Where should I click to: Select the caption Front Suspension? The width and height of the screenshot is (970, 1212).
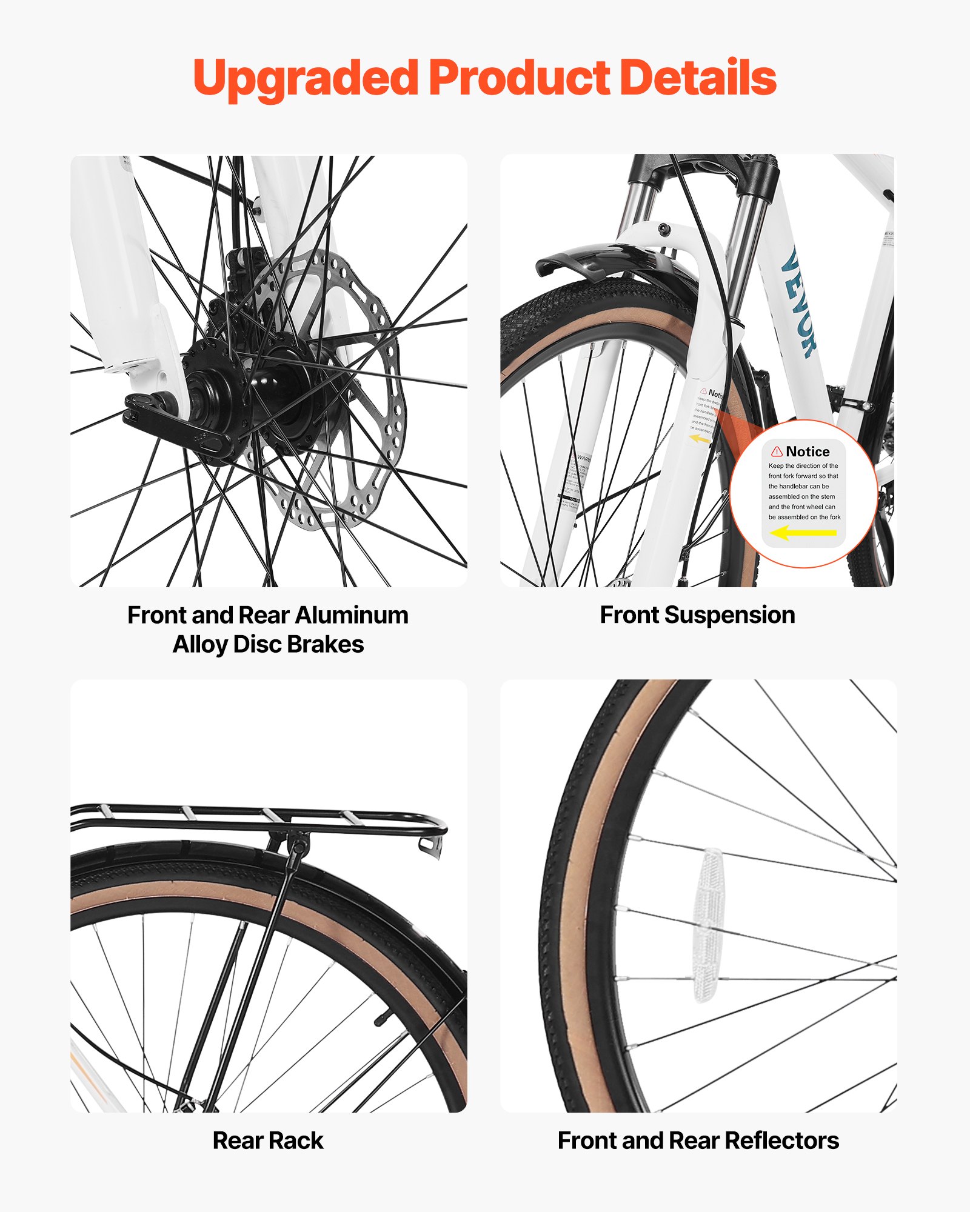pos(697,615)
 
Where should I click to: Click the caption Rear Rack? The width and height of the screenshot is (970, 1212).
pos(268,1140)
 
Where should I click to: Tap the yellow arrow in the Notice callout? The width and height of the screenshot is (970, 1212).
pos(803,533)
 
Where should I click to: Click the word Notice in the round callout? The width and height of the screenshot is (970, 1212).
pos(808,451)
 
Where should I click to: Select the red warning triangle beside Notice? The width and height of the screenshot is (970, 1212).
pos(777,451)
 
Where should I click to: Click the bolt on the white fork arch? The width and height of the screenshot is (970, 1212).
pos(664,229)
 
